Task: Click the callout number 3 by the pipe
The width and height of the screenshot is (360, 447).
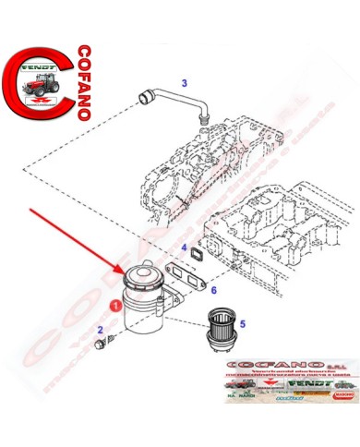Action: (184, 84)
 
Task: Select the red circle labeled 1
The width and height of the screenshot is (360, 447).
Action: (114, 302)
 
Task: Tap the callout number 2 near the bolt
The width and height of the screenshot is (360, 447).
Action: (100, 331)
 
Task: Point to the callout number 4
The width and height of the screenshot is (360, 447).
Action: (185, 248)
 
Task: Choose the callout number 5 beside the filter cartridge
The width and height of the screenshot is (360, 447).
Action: (243, 324)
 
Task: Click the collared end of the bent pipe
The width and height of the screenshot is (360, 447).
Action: (142, 95)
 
